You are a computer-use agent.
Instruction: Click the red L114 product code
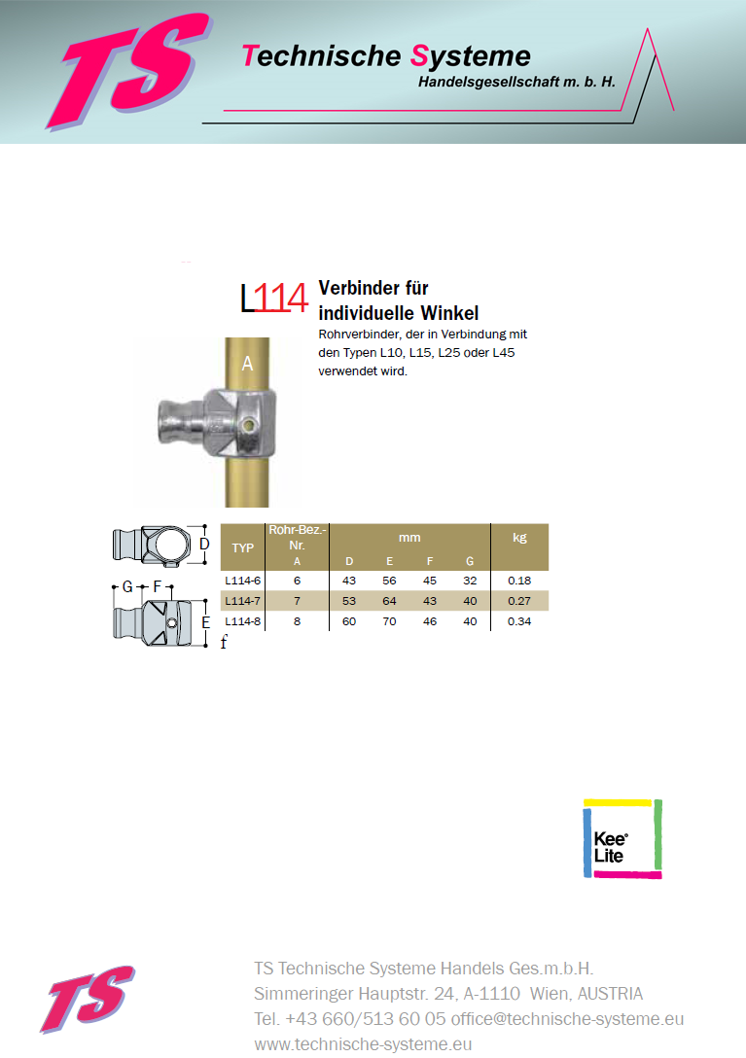point(275,299)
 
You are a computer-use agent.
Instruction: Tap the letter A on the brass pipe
point(247,364)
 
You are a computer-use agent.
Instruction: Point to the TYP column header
point(243,547)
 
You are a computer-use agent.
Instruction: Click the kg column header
point(519,537)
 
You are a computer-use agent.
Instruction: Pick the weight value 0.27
point(519,600)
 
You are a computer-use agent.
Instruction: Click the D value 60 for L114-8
point(350,621)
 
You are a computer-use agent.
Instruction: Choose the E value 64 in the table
point(390,600)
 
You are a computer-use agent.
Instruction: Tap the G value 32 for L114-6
point(471,580)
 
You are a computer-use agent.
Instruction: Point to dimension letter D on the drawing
point(204,545)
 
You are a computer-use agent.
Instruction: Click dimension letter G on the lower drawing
point(127,587)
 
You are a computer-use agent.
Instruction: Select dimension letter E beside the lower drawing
point(205,622)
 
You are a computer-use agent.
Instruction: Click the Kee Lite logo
point(622,839)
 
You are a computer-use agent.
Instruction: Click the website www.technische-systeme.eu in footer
point(363,1044)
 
